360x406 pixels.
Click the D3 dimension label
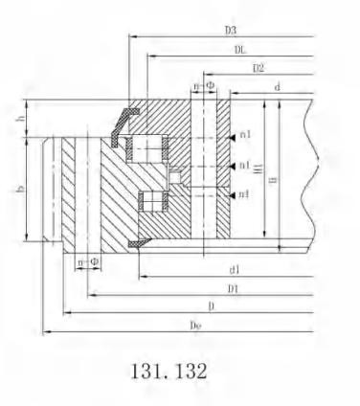[231, 31]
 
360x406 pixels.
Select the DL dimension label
[240, 50]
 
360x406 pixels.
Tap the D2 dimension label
[259, 68]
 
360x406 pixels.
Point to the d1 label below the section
[235, 270]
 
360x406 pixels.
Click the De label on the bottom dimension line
[195, 326]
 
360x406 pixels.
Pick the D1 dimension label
[233, 289]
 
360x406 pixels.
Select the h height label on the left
[21, 119]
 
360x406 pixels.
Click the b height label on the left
[21, 190]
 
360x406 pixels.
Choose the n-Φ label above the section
[204, 86]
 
